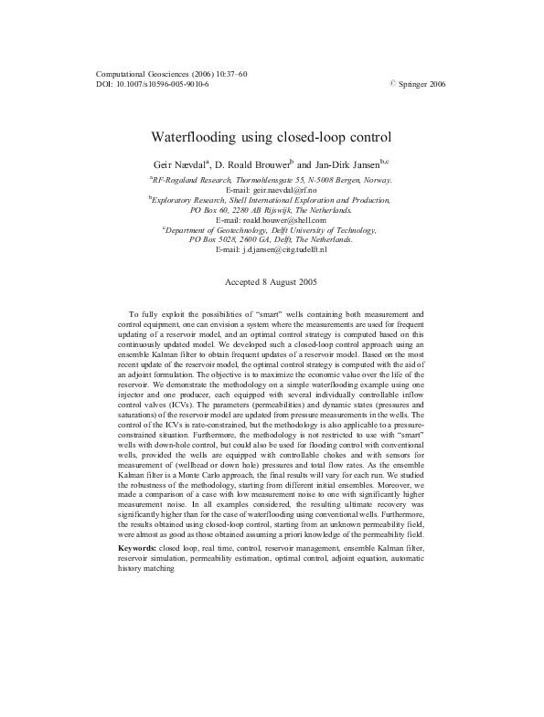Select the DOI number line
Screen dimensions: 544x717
pos(152,83)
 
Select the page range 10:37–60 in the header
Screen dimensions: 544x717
pos(232,73)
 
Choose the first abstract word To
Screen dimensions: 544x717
pos(134,314)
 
